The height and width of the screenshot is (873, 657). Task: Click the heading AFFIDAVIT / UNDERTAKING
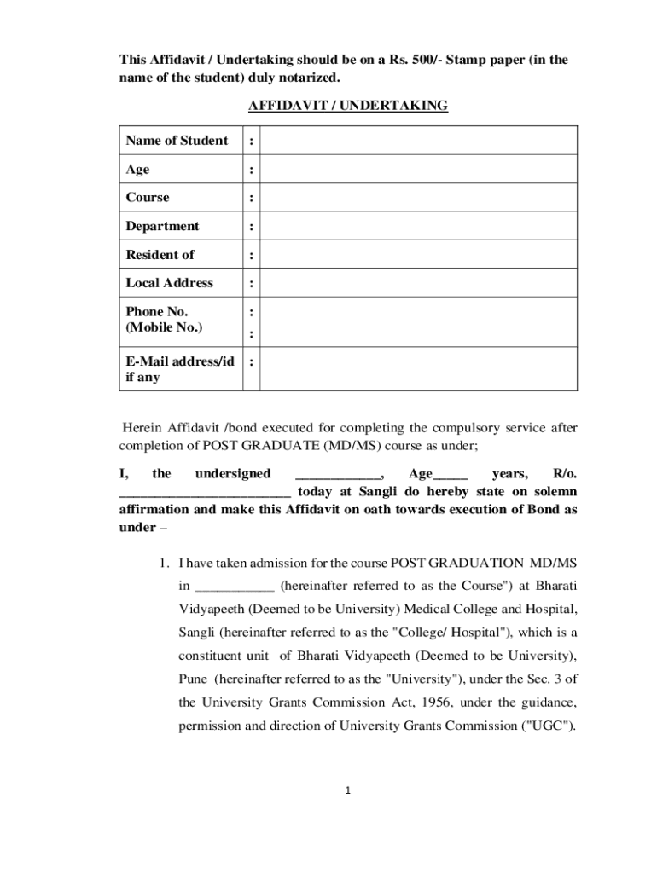tap(347, 106)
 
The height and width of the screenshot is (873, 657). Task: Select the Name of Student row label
tap(177, 141)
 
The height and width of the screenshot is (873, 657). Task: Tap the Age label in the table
tap(137, 170)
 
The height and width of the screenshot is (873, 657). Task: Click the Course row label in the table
tap(148, 198)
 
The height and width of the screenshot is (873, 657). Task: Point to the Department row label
tap(162, 226)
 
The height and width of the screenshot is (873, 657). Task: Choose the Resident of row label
tap(160, 255)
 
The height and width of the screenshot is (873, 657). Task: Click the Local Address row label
tap(169, 283)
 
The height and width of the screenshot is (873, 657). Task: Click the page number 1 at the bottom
tap(348, 790)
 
